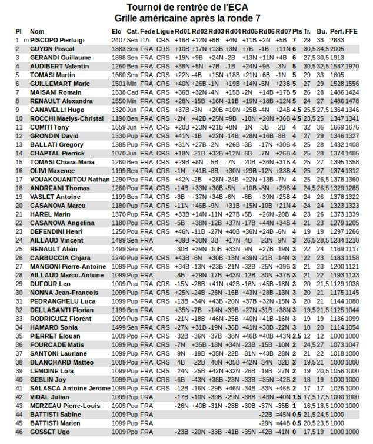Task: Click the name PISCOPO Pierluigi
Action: (57, 40)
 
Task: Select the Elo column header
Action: (117, 31)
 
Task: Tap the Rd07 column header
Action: (283, 31)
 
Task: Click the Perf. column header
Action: (337, 31)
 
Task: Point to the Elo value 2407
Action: (118, 40)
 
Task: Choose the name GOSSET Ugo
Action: (50, 432)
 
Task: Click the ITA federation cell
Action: (146, 40)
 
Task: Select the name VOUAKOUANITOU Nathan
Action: (70, 180)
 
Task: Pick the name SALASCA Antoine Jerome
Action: (70, 389)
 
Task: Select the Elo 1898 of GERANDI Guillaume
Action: (118, 58)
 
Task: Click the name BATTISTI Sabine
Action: (55, 415)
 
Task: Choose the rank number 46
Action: (19, 432)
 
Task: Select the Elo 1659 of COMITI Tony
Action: (118, 127)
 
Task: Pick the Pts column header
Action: (297, 31)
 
